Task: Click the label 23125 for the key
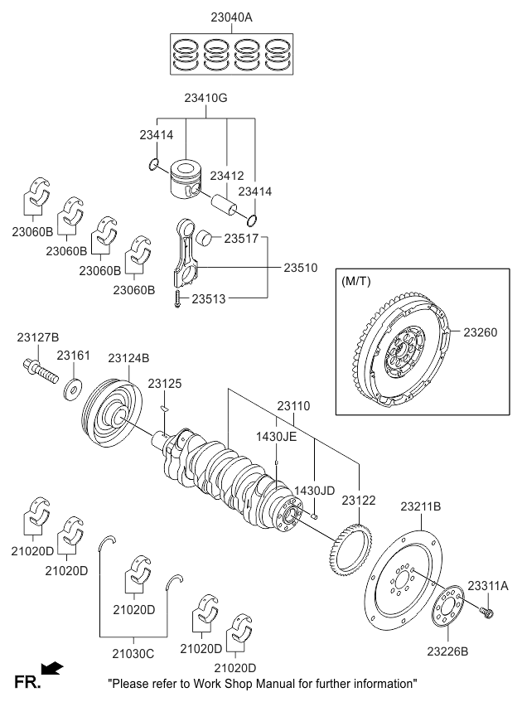[x=164, y=384]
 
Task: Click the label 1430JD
[x=316, y=491]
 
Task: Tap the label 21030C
[x=133, y=653]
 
